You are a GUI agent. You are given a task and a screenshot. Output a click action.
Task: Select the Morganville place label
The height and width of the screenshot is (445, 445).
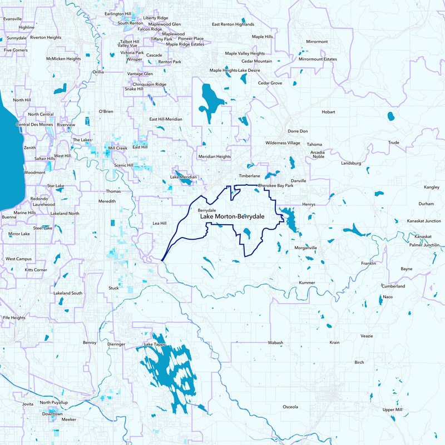coord(305,248)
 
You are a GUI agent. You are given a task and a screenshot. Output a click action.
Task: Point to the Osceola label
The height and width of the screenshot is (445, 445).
coord(290,407)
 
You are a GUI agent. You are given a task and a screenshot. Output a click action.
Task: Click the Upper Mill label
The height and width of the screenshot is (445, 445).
coord(392,409)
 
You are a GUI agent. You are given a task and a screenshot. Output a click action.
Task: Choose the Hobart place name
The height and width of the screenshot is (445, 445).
coord(328,112)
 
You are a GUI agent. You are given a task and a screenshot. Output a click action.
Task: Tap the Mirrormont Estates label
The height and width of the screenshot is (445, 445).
coord(318,59)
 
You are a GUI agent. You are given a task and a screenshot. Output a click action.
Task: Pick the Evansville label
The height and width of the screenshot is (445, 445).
coord(12,19)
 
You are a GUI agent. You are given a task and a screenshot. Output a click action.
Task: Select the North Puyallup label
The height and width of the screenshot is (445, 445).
coord(53,402)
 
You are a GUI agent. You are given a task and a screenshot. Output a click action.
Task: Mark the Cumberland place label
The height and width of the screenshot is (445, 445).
coord(393,286)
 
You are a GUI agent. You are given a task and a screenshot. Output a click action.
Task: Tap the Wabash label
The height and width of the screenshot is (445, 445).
coord(276,343)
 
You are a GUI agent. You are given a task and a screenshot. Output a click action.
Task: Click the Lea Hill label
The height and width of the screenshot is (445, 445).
coord(160,223)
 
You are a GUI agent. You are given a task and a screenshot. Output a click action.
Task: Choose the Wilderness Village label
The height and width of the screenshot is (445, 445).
coord(283,143)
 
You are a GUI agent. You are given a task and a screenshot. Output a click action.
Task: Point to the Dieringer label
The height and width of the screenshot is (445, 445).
coord(116,344)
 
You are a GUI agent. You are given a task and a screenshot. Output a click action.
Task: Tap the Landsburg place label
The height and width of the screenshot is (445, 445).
coord(351,164)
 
